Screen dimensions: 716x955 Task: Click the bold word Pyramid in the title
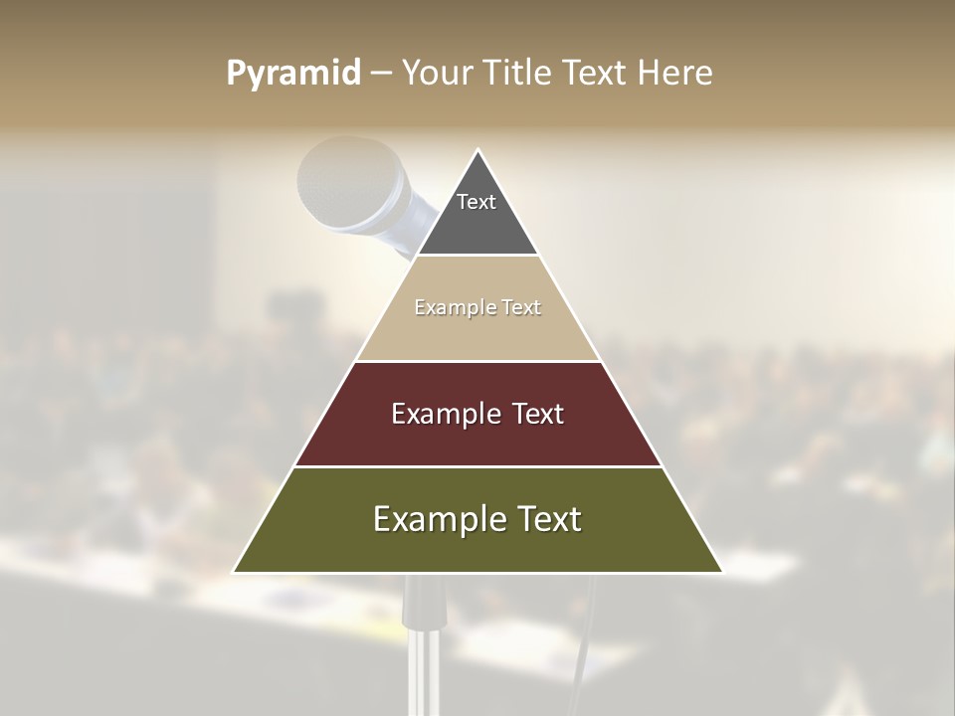[292, 74]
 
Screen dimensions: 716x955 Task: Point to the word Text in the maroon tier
[537, 414]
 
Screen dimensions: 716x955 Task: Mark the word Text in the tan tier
[521, 308]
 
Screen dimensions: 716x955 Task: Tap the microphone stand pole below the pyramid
[422, 646]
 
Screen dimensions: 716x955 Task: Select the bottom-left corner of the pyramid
[236, 571]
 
